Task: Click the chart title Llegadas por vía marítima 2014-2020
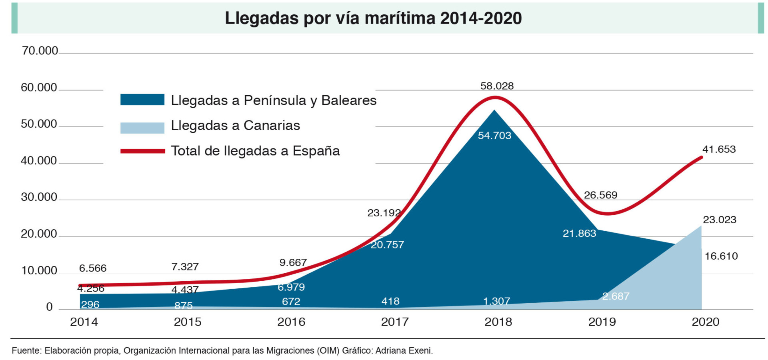(x=373, y=18)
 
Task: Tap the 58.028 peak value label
(x=497, y=86)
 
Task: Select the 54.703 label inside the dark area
(x=494, y=136)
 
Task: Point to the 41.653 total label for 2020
(x=719, y=149)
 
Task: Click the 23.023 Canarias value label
(x=719, y=220)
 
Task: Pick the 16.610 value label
(x=721, y=256)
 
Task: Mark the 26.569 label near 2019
(x=600, y=195)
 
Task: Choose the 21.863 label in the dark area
(x=579, y=233)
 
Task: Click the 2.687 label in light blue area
(x=616, y=296)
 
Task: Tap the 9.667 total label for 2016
(x=293, y=263)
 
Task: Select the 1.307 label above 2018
(x=496, y=301)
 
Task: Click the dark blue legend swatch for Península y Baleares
(x=142, y=100)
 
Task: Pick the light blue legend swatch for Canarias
(x=142, y=128)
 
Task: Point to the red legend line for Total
(x=142, y=151)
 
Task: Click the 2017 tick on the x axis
(x=394, y=322)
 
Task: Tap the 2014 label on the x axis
(x=84, y=322)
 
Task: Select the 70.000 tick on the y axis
(x=40, y=51)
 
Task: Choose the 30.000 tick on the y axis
(x=39, y=197)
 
